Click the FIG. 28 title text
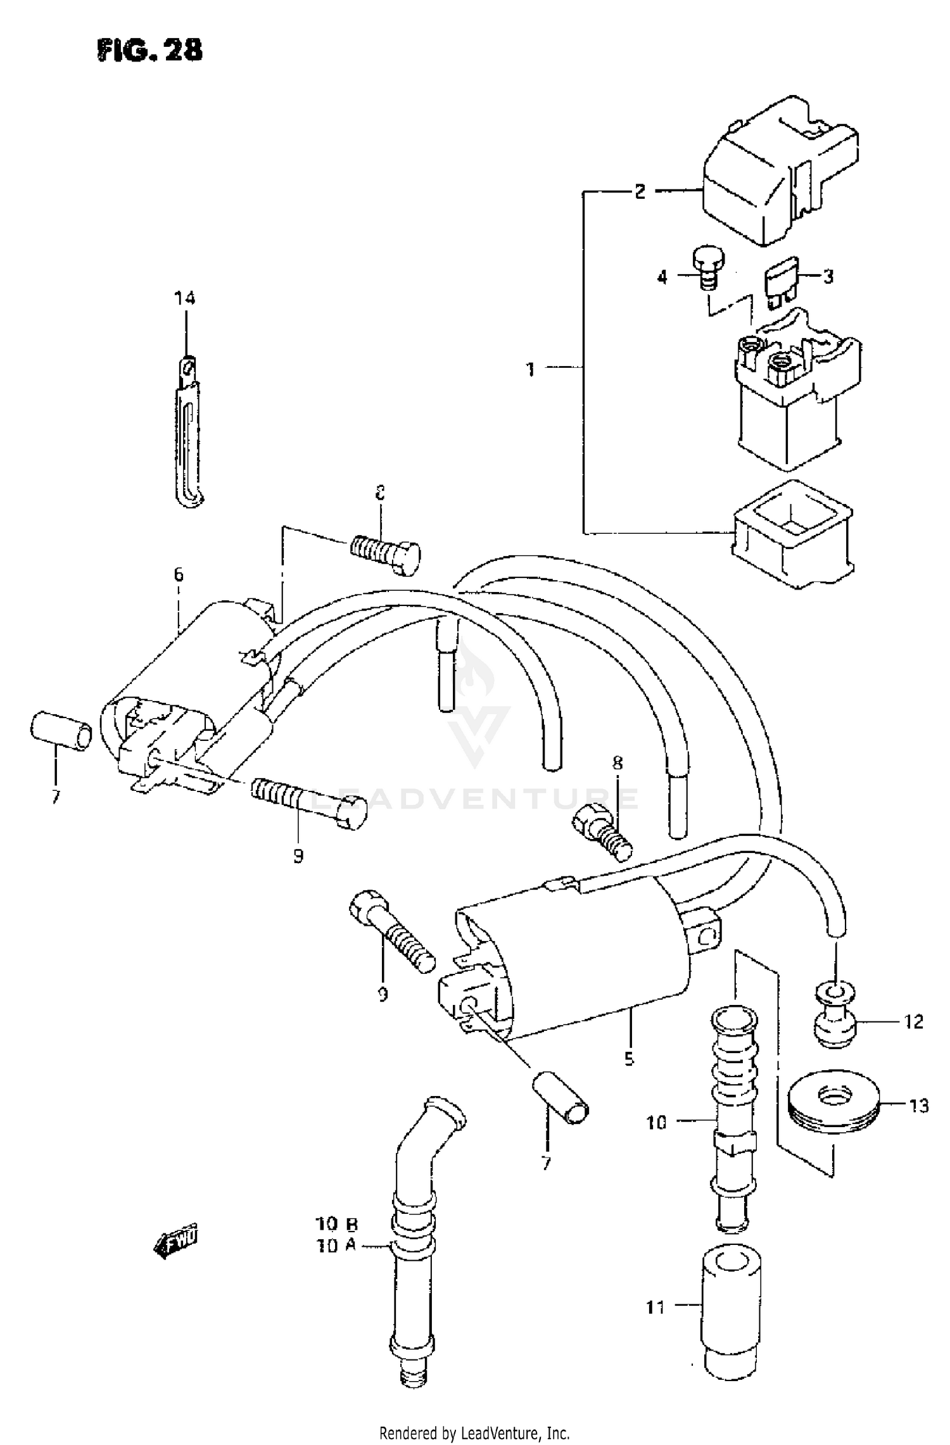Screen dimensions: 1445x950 pos(150,50)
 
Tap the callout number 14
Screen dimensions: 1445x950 pos(185,298)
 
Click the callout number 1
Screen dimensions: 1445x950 pos(531,369)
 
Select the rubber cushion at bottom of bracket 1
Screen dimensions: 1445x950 pos(792,535)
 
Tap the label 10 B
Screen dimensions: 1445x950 pos(336,1223)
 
